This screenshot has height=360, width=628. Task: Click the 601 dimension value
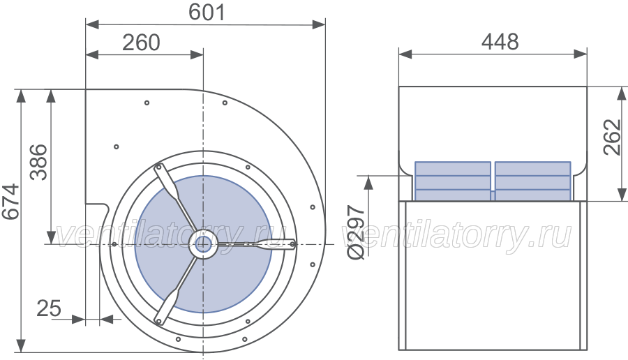pos(207,12)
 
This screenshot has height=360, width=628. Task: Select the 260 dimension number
pos(141,43)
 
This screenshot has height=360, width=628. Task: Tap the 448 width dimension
pos(500,42)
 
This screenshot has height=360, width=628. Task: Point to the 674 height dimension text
pos(10,202)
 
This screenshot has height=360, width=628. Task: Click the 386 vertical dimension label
pos(39,162)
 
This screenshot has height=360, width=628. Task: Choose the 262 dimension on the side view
pos(613,137)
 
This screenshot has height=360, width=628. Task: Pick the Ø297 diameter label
pos(356,232)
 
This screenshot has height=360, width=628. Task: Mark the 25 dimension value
pos(49,308)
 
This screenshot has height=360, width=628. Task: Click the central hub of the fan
pos(203,243)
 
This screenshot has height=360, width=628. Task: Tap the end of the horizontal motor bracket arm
pos(292,244)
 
